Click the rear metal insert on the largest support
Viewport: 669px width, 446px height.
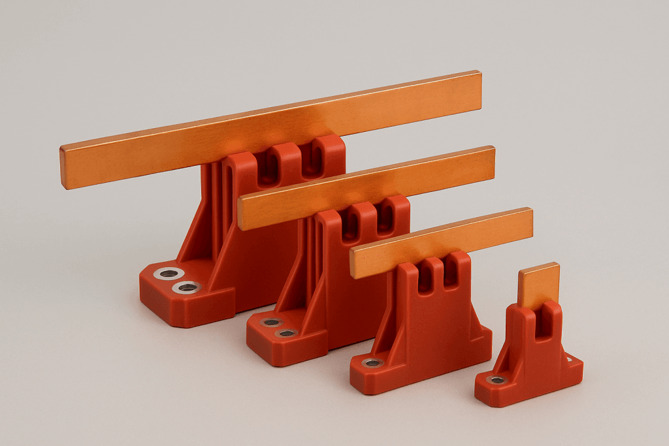click(x=169, y=274)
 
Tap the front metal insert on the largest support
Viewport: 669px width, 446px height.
click(x=188, y=287)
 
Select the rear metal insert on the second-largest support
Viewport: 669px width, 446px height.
click(x=270, y=323)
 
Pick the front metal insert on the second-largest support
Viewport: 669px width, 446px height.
click(x=286, y=333)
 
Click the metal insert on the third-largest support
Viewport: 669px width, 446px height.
click(x=373, y=362)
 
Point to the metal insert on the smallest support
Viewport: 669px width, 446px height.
click(x=497, y=379)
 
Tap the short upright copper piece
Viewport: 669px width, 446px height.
click(x=539, y=284)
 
